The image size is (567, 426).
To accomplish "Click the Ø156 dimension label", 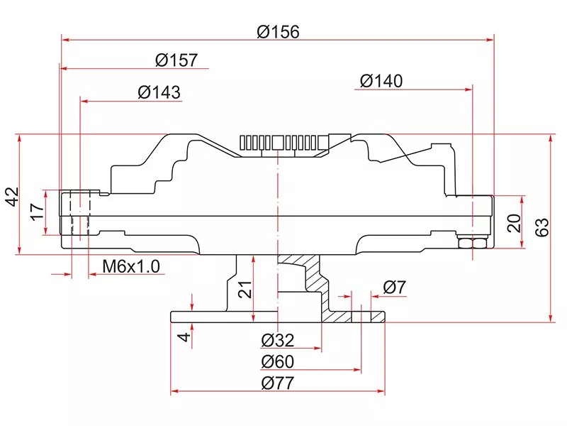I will (279, 32).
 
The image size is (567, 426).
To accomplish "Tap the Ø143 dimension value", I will (159, 92).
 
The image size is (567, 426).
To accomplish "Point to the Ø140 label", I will (381, 81).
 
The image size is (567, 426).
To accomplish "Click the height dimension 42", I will (10, 197).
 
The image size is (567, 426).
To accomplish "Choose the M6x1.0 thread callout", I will (132, 266).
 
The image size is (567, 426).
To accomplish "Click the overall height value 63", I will (542, 227).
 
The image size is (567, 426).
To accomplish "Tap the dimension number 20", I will (515, 223).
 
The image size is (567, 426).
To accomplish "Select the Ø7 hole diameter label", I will (394, 288).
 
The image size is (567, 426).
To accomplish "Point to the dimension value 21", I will (245, 289).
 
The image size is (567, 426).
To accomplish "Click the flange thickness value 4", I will (183, 337).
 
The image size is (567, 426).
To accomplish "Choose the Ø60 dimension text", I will (277, 361).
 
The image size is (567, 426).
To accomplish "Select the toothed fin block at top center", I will (283, 143).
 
